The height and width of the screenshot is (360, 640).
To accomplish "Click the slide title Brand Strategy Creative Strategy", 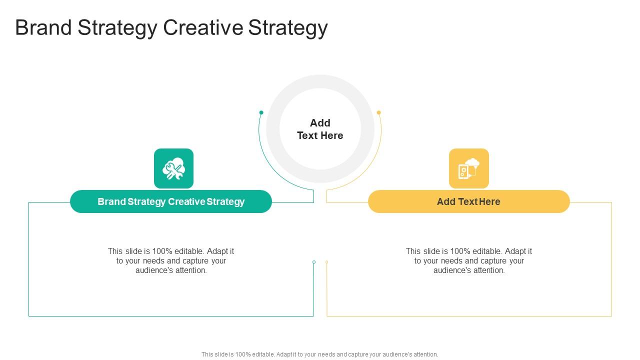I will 171,28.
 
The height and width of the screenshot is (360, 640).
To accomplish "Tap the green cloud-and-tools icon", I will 173,168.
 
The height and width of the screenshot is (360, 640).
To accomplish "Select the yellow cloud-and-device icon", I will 468,168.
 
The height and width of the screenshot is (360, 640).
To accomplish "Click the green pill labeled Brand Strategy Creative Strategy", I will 171,201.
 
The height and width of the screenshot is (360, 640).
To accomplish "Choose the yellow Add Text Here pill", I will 468,201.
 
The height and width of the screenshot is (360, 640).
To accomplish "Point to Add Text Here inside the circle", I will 320,129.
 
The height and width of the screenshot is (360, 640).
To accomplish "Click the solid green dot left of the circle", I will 261,112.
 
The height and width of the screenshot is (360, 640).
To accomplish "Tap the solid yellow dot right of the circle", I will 379,112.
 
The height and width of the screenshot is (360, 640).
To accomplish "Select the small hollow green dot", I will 314,262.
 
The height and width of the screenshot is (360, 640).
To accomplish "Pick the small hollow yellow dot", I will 326,262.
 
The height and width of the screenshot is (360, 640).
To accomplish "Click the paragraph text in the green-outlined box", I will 171,260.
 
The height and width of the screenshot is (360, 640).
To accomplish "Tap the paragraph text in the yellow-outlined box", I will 468,260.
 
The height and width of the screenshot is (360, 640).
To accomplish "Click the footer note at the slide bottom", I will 320,354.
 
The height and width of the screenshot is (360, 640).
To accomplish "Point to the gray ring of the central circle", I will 273,129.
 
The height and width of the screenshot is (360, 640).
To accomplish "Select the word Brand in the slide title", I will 43,28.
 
